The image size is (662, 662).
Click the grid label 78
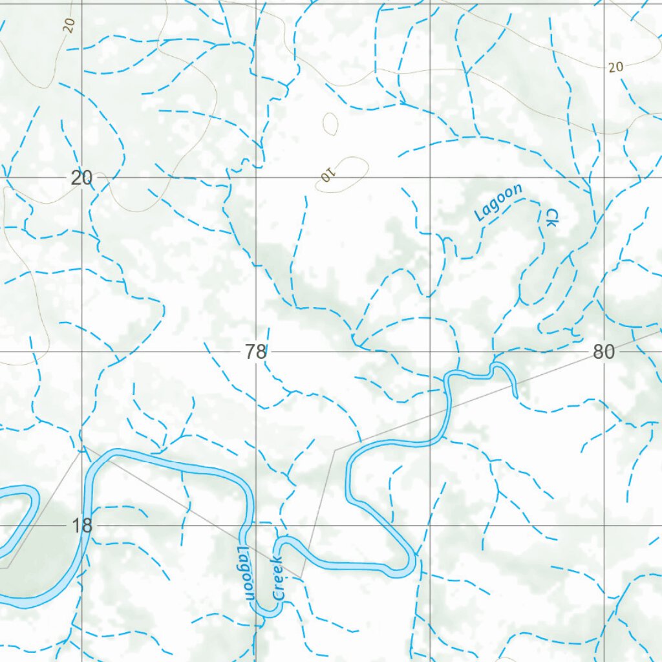click(256, 352)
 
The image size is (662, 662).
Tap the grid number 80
click(603, 352)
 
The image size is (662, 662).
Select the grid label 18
click(82, 526)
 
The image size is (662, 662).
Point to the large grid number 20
click(82, 178)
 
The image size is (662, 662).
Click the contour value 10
click(328, 175)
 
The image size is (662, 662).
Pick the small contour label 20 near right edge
click(615, 67)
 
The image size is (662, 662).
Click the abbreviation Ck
click(551, 217)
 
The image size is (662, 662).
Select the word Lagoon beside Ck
click(498, 202)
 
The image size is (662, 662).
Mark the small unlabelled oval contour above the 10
click(330, 123)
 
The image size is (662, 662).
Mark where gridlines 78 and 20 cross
click(256, 177)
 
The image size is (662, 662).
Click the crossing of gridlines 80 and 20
click(604, 177)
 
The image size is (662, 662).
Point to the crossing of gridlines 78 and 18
click(256, 526)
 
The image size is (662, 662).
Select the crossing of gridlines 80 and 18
click(604, 526)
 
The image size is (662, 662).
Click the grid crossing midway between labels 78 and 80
click(431, 352)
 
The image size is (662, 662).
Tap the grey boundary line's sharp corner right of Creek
click(301, 577)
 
